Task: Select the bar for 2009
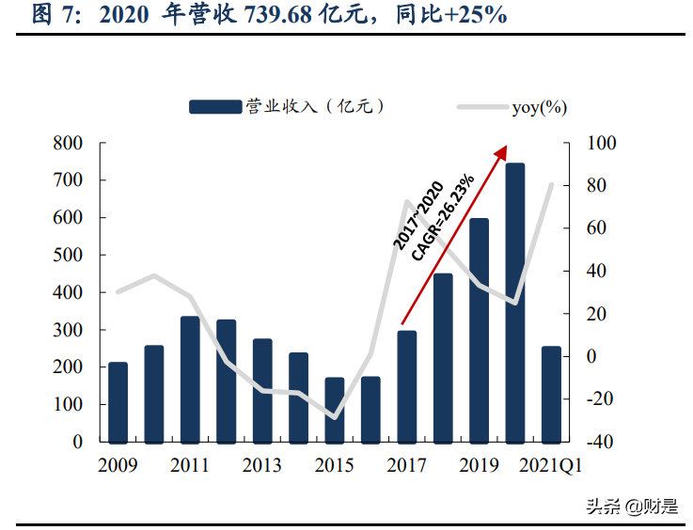[118, 402]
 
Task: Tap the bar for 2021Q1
[551, 394]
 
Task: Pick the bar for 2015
[335, 410]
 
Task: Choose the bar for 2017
[407, 386]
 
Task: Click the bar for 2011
[190, 379]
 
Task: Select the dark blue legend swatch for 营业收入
[214, 107]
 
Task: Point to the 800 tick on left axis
[69, 144]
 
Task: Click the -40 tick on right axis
[601, 442]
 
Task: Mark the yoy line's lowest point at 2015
[335, 417]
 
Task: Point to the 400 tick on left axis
[69, 292]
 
